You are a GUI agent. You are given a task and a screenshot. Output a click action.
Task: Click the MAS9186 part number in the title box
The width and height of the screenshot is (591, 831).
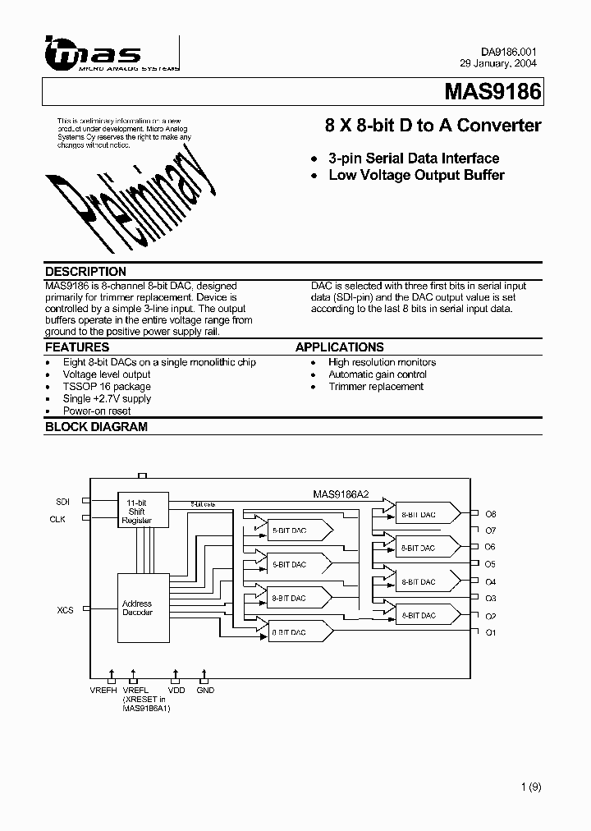(x=492, y=92)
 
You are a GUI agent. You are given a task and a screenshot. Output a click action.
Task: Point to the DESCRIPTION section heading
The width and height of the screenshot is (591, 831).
(x=85, y=272)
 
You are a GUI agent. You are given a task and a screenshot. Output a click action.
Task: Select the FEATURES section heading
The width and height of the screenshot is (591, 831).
(x=76, y=347)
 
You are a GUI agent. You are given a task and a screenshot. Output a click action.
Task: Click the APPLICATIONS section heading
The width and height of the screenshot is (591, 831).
(x=339, y=347)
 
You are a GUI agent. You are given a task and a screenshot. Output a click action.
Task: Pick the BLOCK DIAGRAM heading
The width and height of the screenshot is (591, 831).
(x=96, y=427)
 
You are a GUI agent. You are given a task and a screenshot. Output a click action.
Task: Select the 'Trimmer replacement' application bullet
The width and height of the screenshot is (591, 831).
(x=376, y=386)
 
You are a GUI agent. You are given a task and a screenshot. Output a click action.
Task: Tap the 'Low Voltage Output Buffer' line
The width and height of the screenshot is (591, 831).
(x=416, y=175)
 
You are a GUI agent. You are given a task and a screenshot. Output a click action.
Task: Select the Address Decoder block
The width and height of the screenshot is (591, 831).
(x=137, y=608)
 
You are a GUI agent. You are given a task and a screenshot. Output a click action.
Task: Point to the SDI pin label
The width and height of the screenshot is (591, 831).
(x=63, y=501)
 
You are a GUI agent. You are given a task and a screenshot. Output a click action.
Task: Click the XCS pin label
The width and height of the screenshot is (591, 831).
(x=65, y=610)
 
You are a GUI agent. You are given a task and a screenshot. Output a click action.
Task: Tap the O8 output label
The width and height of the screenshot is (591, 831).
(x=491, y=514)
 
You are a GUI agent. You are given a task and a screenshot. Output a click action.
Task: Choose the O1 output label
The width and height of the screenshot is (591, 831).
(x=491, y=632)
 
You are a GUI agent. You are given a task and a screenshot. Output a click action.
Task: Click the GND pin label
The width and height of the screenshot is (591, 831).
(x=205, y=691)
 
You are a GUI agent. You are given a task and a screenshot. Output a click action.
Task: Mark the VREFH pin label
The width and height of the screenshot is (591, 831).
(x=103, y=691)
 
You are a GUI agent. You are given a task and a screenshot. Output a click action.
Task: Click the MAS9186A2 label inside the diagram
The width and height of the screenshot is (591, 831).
(x=341, y=495)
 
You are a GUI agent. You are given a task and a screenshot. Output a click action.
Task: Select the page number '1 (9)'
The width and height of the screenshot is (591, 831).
(x=531, y=787)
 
